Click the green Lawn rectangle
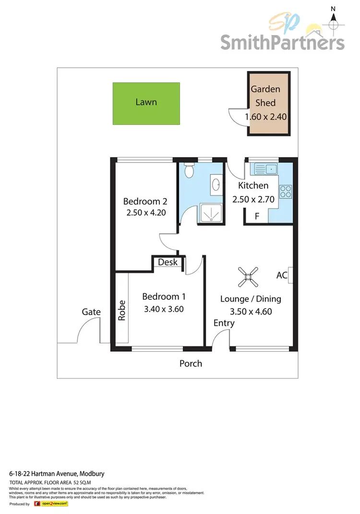(146, 103)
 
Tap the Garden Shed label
(265, 96)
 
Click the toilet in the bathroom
(190, 171)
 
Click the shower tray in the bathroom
(210, 213)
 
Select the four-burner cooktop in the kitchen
(286, 191)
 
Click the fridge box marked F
(257, 217)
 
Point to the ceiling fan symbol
(248, 276)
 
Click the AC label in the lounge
(282, 276)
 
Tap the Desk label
(168, 262)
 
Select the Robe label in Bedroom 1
(122, 310)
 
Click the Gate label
(91, 312)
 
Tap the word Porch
(191, 364)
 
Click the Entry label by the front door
(224, 323)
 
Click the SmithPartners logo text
(282, 42)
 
